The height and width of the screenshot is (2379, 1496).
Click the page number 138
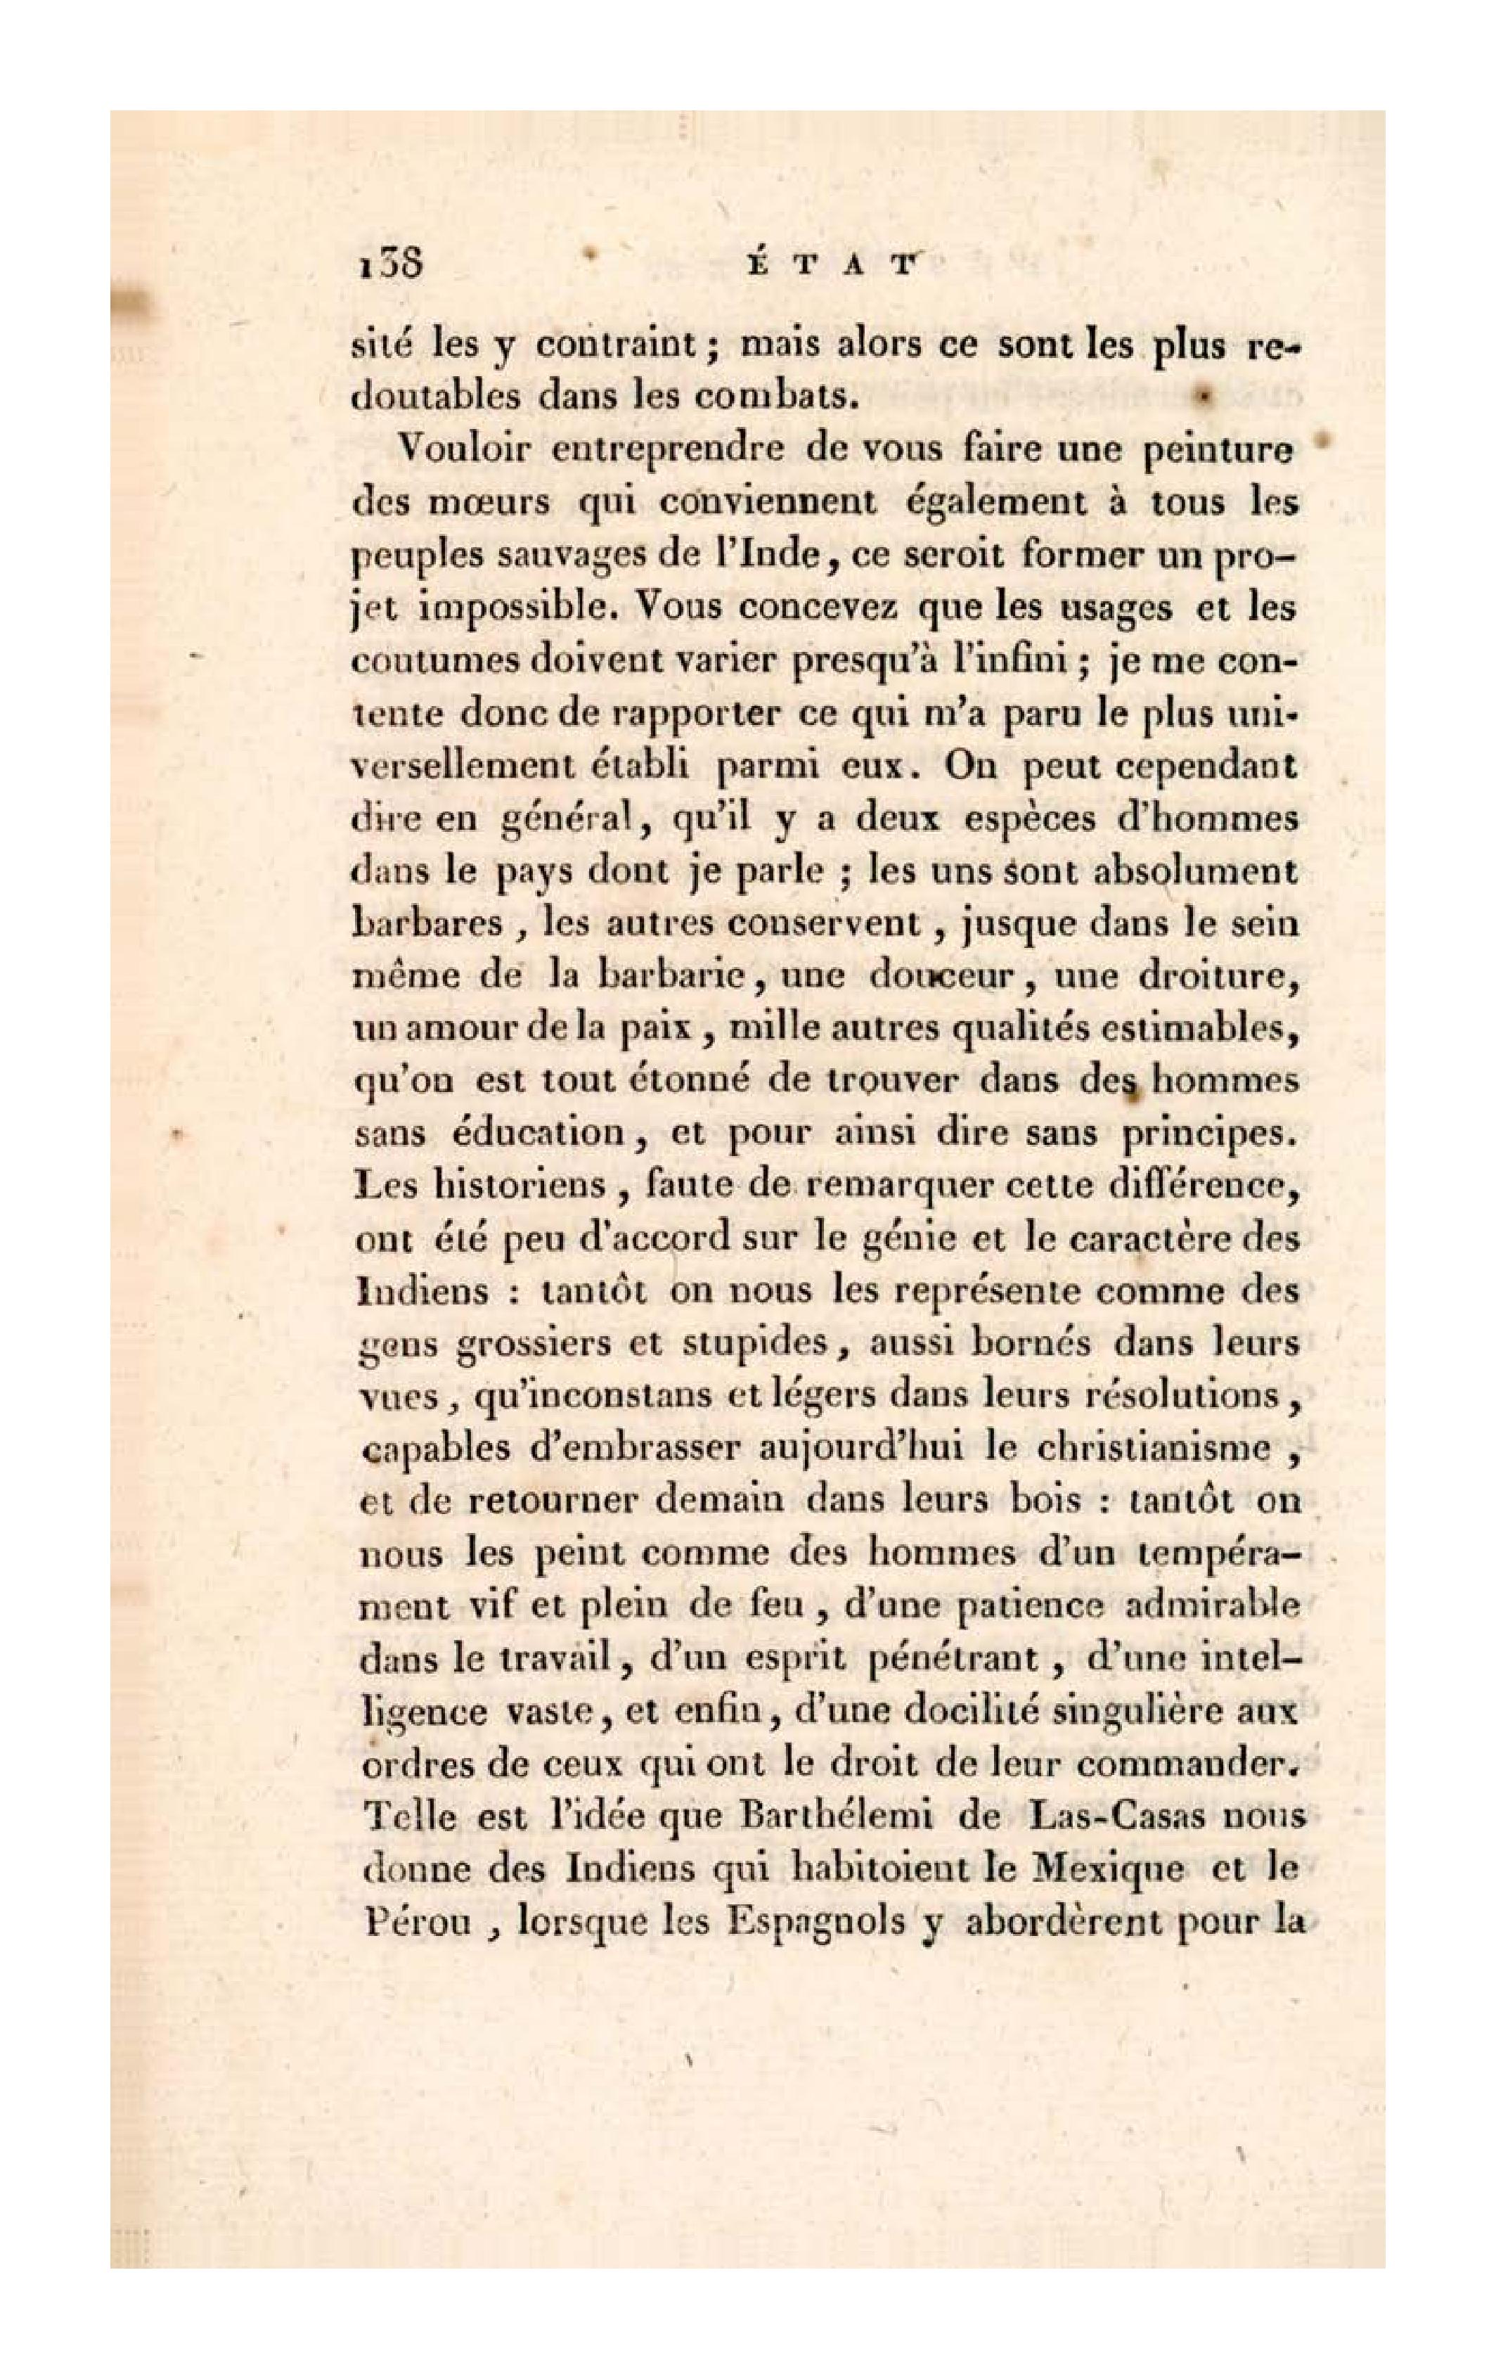tap(387, 266)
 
